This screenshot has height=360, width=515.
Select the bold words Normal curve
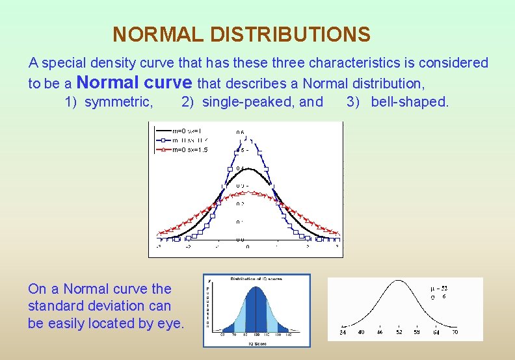coord(135,83)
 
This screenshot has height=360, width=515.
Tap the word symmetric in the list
coord(119,101)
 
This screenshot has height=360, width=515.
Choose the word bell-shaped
coord(410,101)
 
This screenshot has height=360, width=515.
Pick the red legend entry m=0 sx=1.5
coord(189,149)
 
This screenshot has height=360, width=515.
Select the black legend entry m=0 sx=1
coord(189,131)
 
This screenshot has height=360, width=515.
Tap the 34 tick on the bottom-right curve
coord(342,332)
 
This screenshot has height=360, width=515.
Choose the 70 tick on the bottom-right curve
coord(455,332)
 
